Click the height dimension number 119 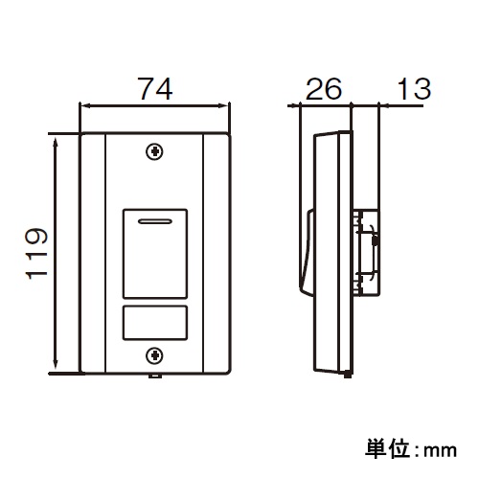pos(35,253)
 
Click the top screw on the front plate pos(153,151)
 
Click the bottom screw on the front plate pos(153,356)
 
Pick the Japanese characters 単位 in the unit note pos(385,447)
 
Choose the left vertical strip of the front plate pos(94,254)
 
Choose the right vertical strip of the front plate pos(217,254)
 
